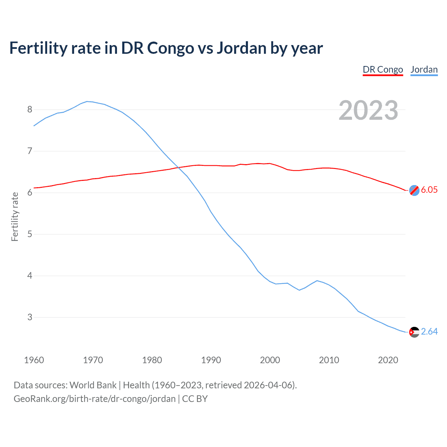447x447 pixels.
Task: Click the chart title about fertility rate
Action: pyautogui.click(x=166, y=48)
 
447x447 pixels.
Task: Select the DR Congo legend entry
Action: pyautogui.click(x=383, y=69)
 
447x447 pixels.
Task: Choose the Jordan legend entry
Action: pyautogui.click(x=424, y=69)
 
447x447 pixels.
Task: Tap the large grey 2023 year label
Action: pyautogui.click(x=368, y=110)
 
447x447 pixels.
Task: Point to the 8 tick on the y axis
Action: pyautogui.click(x=30, y=110)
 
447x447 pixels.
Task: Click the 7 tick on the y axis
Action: pyautogui.click(x=30, y=151)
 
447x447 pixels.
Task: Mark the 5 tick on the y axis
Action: pyautogui.click(x=30, y=234)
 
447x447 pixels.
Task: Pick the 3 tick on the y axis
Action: pyautogui.click(x=30, y=317)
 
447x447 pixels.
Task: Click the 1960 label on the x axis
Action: pyautogui.click(x=34, y=360)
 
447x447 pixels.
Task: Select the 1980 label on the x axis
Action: pyautogui.click(x=152, y=360)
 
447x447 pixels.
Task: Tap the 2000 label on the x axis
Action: pyautogui.click(x=270, y=360)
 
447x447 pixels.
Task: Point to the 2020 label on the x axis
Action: pyautogui.click(x=388, y=360)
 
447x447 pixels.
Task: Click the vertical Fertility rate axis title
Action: pyautogui.click(x=15, y=217)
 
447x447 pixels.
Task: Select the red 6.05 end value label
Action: pyautogui.click(x=429, y=190)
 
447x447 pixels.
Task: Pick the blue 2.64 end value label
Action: pyautogui.click(x=429, y=331)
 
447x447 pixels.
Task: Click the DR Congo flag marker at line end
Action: pyautogui.click(x=414, y=190)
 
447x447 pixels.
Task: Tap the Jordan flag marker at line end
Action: pyautogui.click(x=414, y=332)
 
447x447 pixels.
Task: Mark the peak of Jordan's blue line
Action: pyautogui.click(x=87, y=101)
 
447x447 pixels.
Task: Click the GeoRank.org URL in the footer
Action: pyautogui.click(x=95, y=399)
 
